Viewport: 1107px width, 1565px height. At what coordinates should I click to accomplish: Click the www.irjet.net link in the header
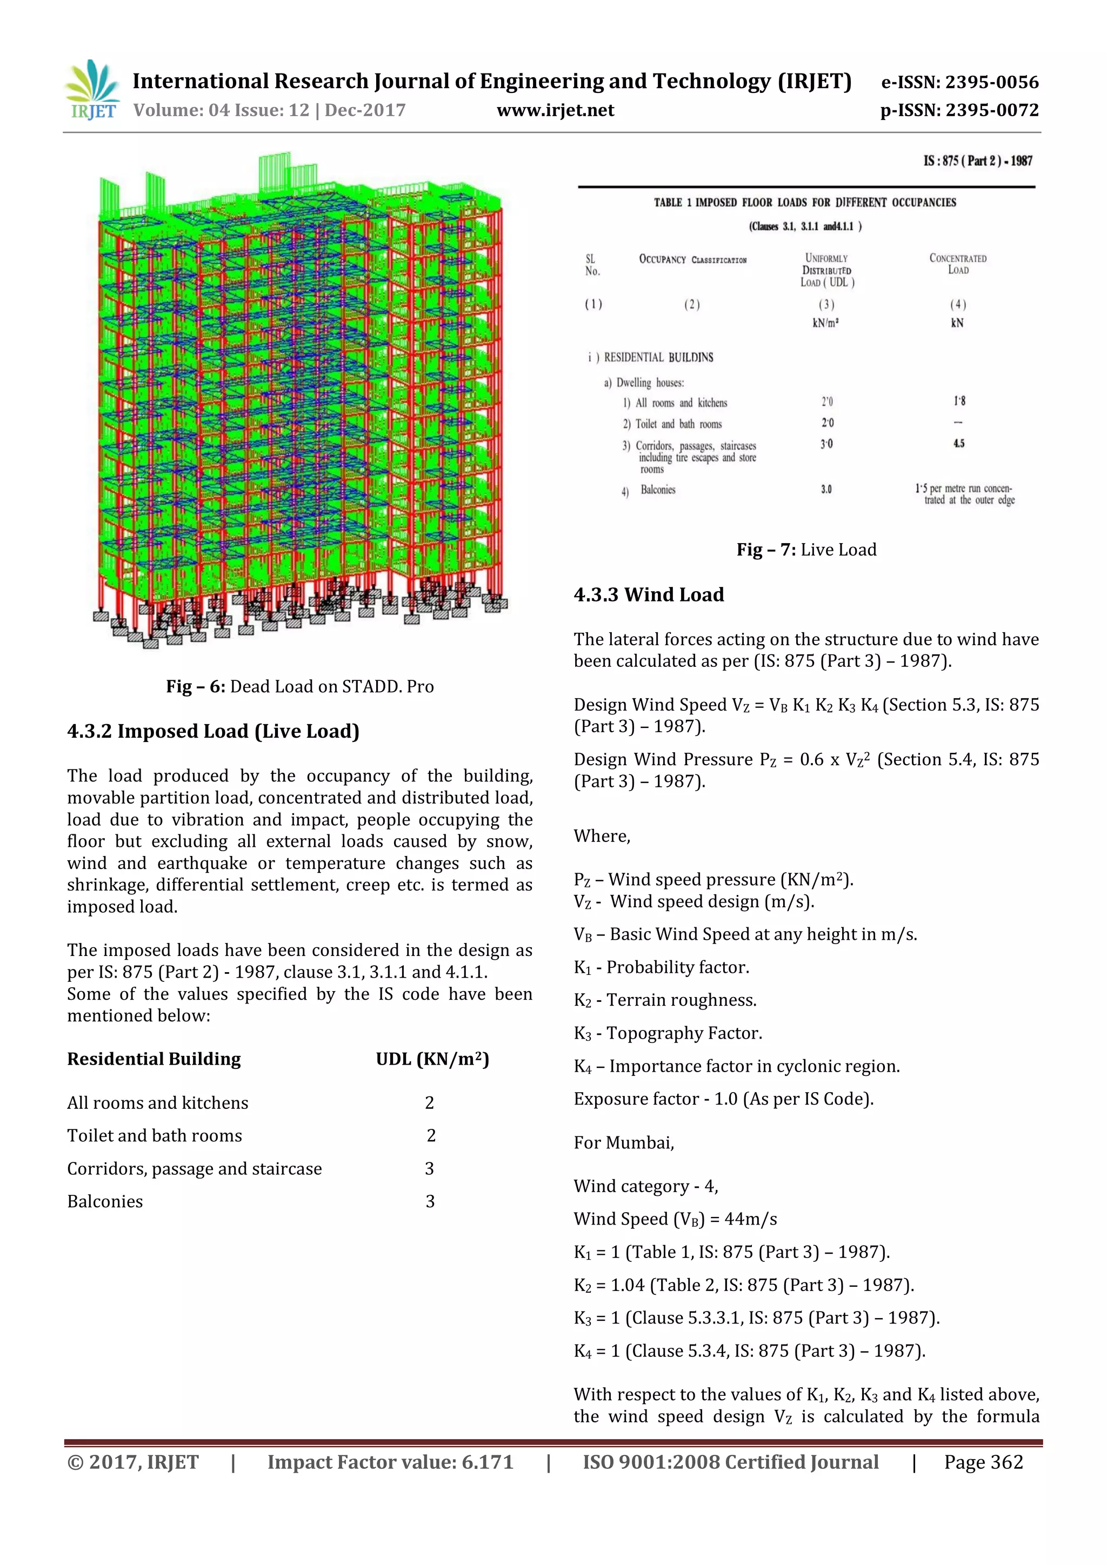(x=555, y=110)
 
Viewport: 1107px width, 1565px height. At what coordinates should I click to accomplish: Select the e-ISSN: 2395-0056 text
(x=959, y=83)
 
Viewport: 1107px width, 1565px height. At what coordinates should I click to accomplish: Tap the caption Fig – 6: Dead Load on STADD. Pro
(x=299, y=686)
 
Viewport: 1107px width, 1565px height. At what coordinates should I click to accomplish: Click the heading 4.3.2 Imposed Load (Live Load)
(x=212, y=731)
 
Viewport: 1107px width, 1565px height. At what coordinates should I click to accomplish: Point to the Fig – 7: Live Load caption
(x=806, y=550)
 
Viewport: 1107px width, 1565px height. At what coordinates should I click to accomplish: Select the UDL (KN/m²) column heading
(x=432, y=1059)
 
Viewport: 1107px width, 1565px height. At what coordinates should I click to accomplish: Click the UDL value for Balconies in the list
(x=429, y=1202)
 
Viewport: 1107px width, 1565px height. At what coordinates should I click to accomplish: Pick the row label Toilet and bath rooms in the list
(x=154, y=1135)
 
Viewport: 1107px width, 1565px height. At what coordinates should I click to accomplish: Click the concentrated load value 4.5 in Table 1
(x=958, y=444)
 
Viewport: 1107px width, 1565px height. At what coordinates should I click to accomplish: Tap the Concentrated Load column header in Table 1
(x=958, y=264)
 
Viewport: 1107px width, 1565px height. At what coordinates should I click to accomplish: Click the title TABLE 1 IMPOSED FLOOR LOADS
(x=804, y=203)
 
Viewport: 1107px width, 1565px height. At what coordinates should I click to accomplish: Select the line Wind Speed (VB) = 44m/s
(x=675, y=1220)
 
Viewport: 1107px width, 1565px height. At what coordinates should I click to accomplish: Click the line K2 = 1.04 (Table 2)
(x=743, y=1286)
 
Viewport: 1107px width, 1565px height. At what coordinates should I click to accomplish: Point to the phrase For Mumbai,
(x=624, y=1143)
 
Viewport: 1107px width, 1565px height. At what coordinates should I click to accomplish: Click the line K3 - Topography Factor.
(x=668, y=1033)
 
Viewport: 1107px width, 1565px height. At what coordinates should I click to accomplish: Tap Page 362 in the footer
(x=983, y=1462)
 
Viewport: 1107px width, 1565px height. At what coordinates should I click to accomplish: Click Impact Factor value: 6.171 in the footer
(x=390, y=1462)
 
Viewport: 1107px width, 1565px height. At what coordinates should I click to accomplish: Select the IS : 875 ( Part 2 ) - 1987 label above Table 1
(x=977, y=161)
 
